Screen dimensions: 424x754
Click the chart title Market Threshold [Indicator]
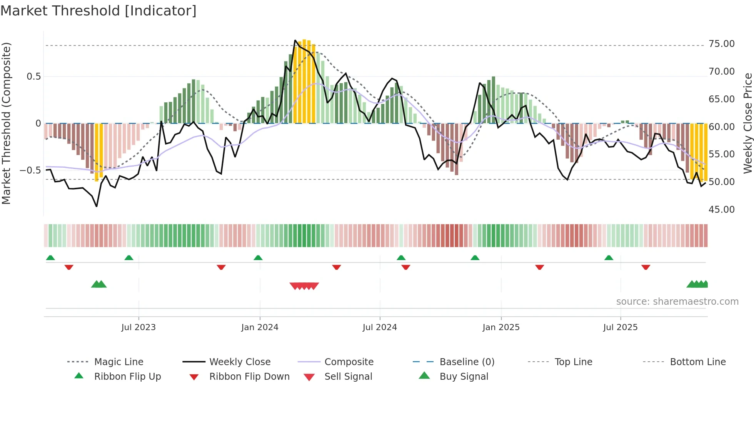point(98,11)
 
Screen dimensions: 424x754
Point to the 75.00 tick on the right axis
point(721,44)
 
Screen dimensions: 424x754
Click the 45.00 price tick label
point(721,210)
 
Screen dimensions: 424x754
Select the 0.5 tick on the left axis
point(34,77)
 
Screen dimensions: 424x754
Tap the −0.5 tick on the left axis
point(30,170)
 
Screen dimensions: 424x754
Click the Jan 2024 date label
point(260,327)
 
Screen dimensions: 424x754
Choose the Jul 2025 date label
point(620,327)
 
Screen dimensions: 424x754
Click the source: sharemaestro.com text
point(677,302)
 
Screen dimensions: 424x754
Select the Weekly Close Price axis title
point(747,123)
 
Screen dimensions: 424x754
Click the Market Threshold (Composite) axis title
point(6,123)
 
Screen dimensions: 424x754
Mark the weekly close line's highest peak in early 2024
point(295,40)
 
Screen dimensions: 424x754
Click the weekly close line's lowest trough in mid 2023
point(97,207)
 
